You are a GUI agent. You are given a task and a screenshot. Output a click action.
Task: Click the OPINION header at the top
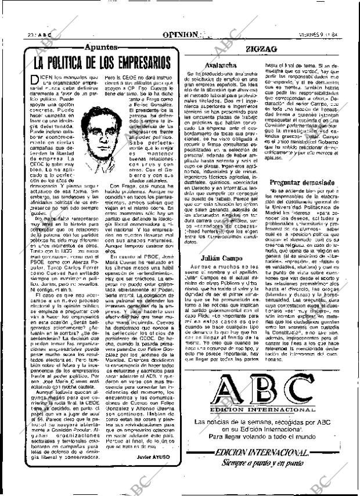(x=184, y=34)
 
